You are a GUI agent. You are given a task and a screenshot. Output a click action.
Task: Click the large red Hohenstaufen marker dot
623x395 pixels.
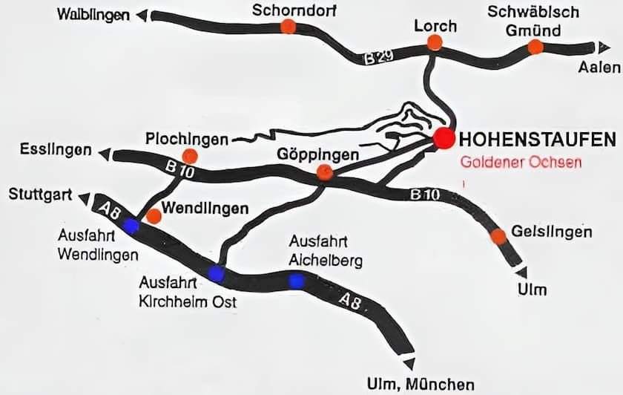click(x=444, y=138)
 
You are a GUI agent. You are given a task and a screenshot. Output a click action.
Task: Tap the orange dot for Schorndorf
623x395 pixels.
click(x=288, y=27)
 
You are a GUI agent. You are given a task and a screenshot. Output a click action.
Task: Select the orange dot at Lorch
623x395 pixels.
click(x=435, y=43)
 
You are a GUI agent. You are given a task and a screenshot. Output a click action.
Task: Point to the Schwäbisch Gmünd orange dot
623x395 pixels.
click(x=535, y=47)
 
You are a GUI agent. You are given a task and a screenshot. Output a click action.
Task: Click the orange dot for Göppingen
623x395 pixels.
click(x=325, y=173)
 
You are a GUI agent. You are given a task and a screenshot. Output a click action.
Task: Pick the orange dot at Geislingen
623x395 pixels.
click(x=498, y=236)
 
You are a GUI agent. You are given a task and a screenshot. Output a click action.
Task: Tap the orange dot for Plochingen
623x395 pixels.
click(x=190, y=156)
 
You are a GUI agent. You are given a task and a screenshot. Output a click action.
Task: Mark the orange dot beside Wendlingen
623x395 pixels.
click(x=154, y=216)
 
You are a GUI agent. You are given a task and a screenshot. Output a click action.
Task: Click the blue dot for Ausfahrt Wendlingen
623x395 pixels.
click(x=131, y=226)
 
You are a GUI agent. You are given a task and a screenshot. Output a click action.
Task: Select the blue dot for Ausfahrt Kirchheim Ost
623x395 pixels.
click(x=216, y=274)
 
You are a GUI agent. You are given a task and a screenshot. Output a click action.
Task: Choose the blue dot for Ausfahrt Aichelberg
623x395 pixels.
click(x=297, y=281)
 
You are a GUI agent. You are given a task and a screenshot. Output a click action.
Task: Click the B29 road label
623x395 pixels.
click(x=379, y=56)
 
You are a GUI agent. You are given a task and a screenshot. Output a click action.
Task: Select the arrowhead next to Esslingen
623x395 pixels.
click(x=105, y=154)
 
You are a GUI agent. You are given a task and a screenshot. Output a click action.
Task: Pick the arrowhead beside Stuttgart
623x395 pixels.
click(x=84, y=198)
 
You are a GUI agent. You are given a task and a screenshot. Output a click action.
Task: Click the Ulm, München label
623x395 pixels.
click(x=420, y=384)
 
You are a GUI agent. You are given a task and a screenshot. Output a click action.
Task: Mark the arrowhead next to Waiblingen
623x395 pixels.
click(x=142, y=15)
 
